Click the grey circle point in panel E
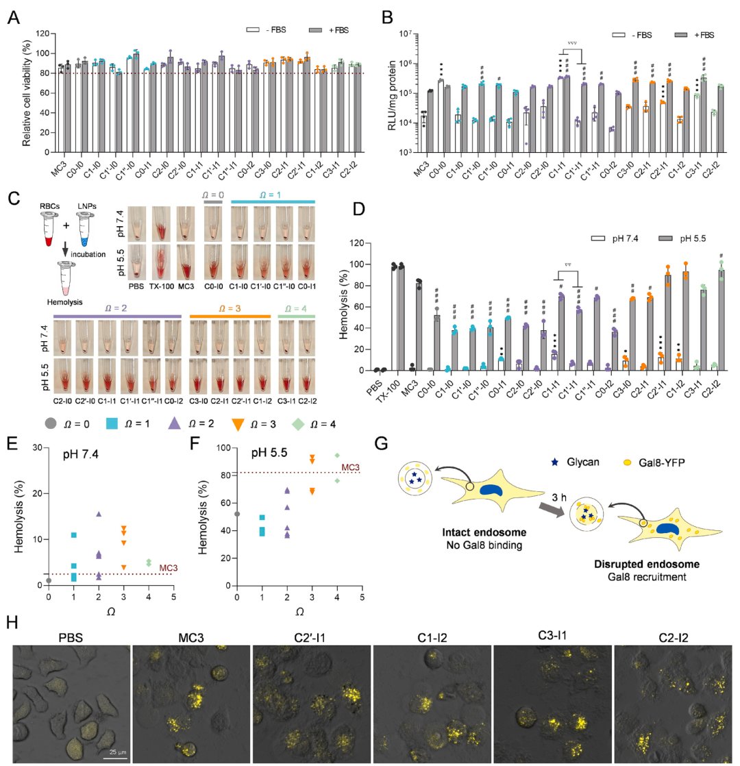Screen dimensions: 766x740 point(49,580)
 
